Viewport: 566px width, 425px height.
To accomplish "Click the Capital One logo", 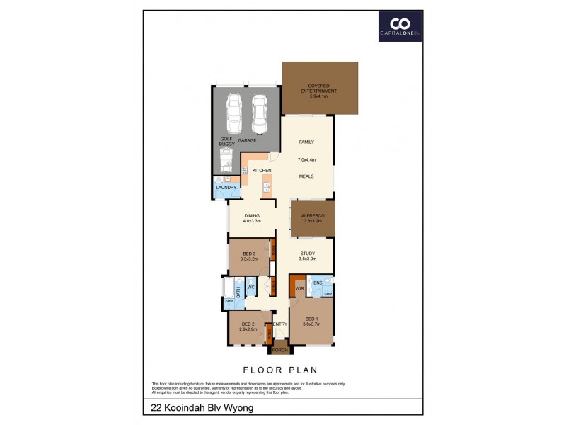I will point(399,26).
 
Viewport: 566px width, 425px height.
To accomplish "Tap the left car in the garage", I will point(233,112).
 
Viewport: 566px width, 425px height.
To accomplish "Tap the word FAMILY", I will point(306,142).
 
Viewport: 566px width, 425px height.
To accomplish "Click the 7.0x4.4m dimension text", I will point(306,160).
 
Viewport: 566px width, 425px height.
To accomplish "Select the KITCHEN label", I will point(262,171).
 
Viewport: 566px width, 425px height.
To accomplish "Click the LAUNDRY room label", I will point(226,188).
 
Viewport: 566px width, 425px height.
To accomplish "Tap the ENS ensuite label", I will point(318,282).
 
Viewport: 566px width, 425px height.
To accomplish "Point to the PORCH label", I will point(279,350).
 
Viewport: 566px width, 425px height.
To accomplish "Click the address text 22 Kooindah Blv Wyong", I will point(202,408).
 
